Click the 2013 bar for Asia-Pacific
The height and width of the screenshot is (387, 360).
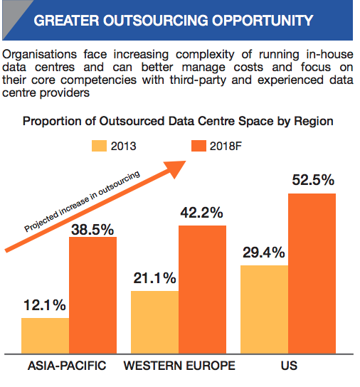(x=46, y=336)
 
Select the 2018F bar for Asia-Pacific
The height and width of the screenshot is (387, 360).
(x=92, y=295)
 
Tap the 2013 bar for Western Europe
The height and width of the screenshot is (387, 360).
(x=155, y=322)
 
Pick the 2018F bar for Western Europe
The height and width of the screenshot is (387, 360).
(x=203, y=290)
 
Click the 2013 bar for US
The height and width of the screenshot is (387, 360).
(x=265, y=309)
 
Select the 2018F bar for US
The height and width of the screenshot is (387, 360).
(x=312, y=274)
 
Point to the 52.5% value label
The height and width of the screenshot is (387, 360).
(x=313, y=180)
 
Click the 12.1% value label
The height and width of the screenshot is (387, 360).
(x=45, y=305)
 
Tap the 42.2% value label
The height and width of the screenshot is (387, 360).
(x=201, y=213)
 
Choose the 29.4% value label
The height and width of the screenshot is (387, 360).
(x=264, y=253)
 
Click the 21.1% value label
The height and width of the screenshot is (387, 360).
(x=154, y=278)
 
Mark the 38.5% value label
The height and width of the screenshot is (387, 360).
(x=92, y=230)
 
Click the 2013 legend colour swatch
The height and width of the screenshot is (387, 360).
(x=100, y=146)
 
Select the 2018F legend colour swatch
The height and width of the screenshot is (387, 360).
(x=198, y=146)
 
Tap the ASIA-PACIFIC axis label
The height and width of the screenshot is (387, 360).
(x=67, y=366)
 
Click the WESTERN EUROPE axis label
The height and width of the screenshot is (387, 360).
(x=179, y=366)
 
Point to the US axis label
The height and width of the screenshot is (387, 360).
(x=289, y=366)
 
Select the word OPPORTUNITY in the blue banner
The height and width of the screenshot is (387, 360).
(x=263, y=20)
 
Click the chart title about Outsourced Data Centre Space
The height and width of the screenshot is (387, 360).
(x=178, y=122)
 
